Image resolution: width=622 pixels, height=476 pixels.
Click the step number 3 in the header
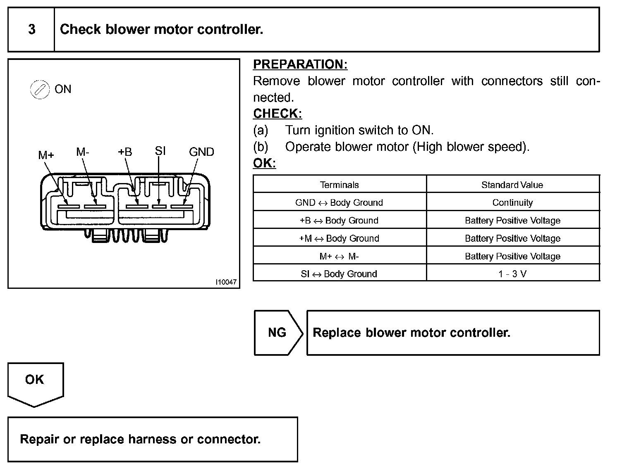(x=31, y=29)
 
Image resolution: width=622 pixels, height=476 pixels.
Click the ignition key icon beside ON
(x=39, y=90)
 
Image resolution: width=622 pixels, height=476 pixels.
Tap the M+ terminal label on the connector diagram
(x=46, y=155)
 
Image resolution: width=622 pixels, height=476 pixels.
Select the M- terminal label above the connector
(x=83, y=152)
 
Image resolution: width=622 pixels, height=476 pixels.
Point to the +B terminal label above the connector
(x=124, y=152)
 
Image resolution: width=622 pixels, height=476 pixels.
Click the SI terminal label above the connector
(x=160, y=151)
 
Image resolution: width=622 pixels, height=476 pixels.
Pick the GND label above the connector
(x=201, y=152)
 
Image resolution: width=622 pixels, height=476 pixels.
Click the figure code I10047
(x=226, y=282)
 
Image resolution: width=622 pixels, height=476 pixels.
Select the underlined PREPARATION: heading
(x=300, y=64)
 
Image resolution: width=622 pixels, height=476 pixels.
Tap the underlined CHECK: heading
(x=278, y=114)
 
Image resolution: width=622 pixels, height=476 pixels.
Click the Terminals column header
(x=339, y=185)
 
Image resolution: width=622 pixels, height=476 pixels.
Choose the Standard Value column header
(x=512, y=185)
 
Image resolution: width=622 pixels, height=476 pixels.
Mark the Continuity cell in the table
(x=512, y=202)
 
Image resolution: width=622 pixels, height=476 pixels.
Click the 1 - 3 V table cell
(x=512, y=274)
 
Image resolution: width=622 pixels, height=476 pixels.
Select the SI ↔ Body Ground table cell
(x=339, y=274)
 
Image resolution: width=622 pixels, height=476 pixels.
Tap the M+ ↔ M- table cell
(x=339, y=256)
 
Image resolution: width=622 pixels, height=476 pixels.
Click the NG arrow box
(x=278, y=333)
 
